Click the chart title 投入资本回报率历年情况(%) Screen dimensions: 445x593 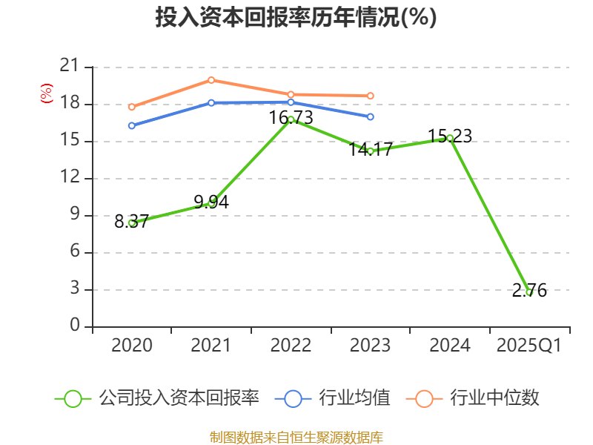(x=296, y=18)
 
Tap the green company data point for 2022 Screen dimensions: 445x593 (x=291, y=119)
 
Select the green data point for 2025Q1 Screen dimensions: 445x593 (x=529, y=292)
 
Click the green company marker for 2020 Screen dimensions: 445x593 (x=132, y=222)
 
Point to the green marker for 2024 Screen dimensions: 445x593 (x=450, y=138)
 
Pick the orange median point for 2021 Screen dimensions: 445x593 (x=211, y=80)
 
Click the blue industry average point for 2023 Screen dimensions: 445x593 (x=371, y=116)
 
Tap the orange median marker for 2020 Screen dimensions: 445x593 (x=132, y=107)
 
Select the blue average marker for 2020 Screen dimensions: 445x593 (x=132, y=125)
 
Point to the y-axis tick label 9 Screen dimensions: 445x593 (x=74, y=215)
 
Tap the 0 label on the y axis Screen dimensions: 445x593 (x=74, y=326)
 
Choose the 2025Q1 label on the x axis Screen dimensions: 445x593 (x=529, y=346)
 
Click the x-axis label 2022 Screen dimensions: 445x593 (x=291, y=346)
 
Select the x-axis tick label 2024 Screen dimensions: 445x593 (x=450, y=346)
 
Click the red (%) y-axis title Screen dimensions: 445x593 (x=46, y=94)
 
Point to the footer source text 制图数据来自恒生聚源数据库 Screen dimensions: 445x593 (x=296, y=437)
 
